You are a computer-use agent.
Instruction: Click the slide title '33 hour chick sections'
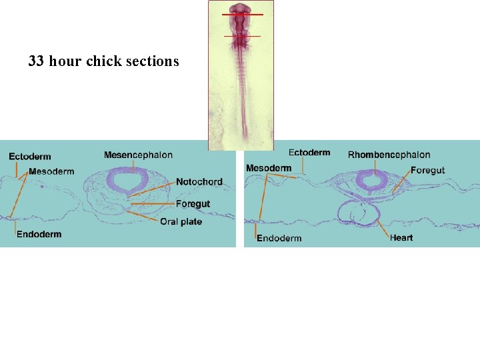103,61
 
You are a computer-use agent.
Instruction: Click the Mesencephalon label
138,155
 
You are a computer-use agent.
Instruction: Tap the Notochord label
199,181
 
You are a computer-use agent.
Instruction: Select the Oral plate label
181,221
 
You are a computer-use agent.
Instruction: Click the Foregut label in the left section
193,204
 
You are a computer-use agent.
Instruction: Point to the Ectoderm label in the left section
29,157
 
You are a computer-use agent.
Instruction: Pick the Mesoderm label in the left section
51,171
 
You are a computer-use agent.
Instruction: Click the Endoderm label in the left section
39,234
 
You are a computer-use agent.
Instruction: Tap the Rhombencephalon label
389,155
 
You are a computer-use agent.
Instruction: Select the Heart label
401,237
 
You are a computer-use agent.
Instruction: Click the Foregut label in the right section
427,171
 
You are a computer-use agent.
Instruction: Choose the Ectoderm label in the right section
309,153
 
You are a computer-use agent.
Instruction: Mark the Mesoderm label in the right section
268,168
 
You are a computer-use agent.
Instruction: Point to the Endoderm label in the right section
279,238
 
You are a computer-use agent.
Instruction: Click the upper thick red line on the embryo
242,14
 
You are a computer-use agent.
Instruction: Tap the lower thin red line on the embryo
241,36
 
